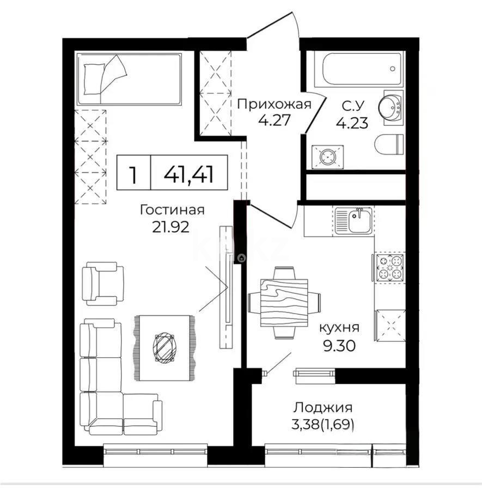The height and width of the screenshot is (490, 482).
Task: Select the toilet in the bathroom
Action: (x=389, y=144)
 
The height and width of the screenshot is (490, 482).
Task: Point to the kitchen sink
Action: (x=354, y=220)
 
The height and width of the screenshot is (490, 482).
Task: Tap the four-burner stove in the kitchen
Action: (x=389, y=267)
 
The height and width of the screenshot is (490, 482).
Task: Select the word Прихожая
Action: (x=274, y=104)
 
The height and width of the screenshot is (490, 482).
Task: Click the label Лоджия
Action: (x=323, y=407)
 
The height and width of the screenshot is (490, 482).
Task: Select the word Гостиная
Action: (x=172, y=210)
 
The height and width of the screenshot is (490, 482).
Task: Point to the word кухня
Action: (x=338, y=328)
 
